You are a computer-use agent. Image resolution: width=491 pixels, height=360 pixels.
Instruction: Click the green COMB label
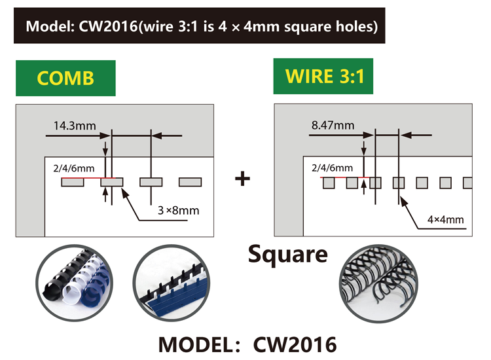click(65, 78)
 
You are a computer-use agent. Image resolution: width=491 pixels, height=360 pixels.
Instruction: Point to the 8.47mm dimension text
click(333, 124)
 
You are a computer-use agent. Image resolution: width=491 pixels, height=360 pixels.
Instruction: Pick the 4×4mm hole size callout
click(445, 219)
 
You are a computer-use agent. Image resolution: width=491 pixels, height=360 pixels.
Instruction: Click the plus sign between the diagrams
click(243, 178)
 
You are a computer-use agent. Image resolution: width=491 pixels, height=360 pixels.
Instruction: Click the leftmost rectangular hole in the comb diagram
click(72, 182)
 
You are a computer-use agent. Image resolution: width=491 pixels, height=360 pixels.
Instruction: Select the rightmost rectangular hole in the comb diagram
click(190, 182)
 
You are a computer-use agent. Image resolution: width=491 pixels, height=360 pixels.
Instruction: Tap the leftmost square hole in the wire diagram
click(329, 182)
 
